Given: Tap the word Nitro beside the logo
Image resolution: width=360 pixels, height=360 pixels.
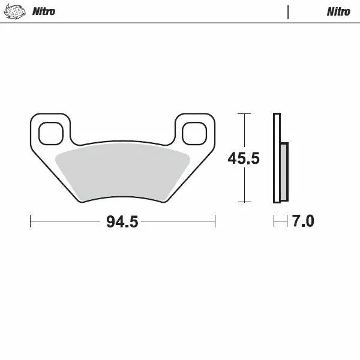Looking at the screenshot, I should (x=44, y=11).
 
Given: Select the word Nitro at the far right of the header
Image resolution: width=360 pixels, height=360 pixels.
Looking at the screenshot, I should (x=338, y=11).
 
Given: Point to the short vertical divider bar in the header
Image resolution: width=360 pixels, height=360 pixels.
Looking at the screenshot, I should (x=288, y=12).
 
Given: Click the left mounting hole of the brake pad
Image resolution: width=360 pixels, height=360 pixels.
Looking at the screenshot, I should (x=50, y=133).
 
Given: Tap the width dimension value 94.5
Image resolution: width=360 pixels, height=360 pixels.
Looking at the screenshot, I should (x=122, y=222).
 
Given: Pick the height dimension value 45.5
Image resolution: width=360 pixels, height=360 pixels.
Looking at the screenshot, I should (x=244, y=158).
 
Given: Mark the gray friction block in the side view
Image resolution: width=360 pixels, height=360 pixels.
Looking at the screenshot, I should (x=284, y=172).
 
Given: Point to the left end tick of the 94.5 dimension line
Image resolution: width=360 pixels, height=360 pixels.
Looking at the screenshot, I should (x=31, y=221).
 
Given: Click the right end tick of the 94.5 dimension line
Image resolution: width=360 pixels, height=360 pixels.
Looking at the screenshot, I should (x=215, y=221).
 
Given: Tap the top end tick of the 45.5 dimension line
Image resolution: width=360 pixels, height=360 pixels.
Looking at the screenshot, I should (x=244, y=113).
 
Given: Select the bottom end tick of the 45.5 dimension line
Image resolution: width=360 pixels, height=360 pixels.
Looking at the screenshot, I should (x=244, y=202).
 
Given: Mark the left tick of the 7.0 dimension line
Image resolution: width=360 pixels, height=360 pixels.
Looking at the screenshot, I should (x=274, y=221).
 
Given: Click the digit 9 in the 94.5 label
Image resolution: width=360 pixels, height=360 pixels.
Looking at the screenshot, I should (x=111, y=222).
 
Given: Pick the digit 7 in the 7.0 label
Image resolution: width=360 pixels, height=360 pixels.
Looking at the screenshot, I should (x=296, y=221).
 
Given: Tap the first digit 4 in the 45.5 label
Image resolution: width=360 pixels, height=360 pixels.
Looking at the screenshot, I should (x=233, y=158).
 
